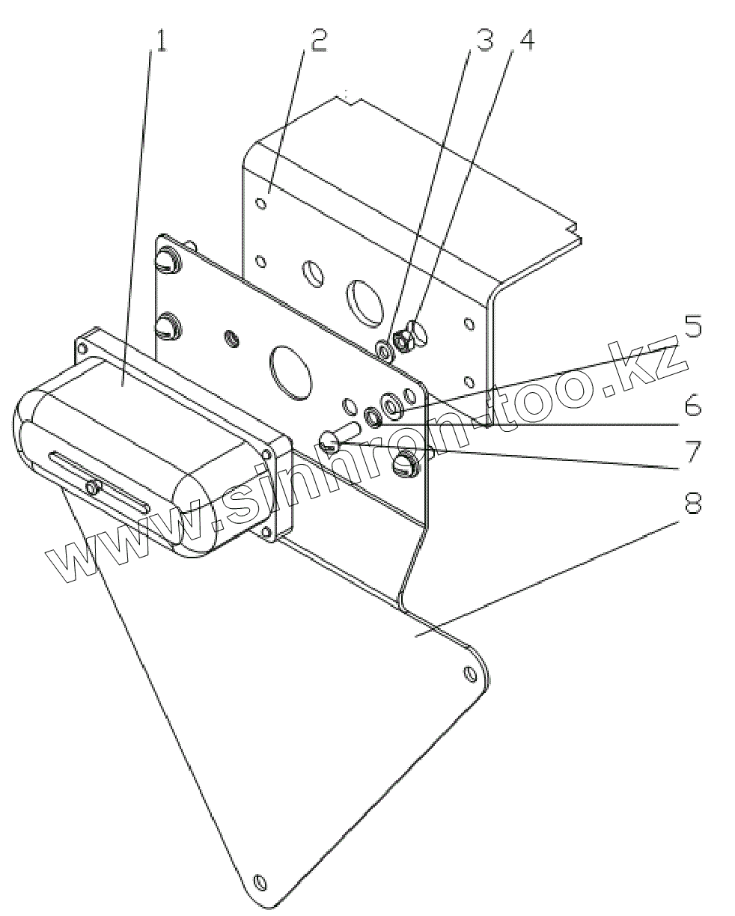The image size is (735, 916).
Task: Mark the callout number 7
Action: (692, 452)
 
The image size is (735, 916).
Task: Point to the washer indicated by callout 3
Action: (384, 349)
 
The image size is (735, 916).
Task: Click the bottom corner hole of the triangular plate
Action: (259, 880)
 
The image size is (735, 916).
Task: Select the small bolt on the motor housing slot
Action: (92, 488)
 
